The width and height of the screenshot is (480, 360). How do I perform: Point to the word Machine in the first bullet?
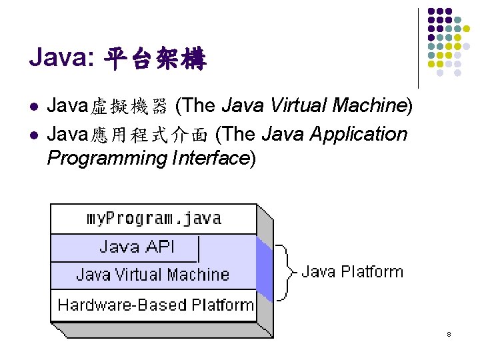pos(370,105)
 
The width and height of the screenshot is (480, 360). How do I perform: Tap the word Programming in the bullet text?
pos(107,159)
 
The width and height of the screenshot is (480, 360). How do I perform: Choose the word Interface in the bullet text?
pos(210,159)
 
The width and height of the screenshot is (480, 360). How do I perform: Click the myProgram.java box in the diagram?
pos(154,219)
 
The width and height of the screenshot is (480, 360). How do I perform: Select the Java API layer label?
pos(137,247)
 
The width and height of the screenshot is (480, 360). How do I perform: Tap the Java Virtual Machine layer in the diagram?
pos(153,275)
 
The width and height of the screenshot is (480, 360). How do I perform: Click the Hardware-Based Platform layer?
pos(155,305)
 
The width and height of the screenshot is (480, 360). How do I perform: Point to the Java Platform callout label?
pos(352,272)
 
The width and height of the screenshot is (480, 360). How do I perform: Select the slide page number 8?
pos(449,334)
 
